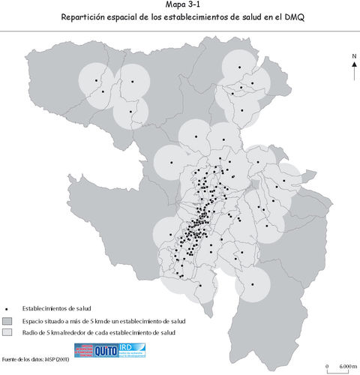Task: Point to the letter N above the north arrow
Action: [x=353, y=56]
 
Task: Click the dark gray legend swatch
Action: [x=7, y=320]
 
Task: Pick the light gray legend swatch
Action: [x=7, y=331]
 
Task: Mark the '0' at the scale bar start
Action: [x=327, y=366]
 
